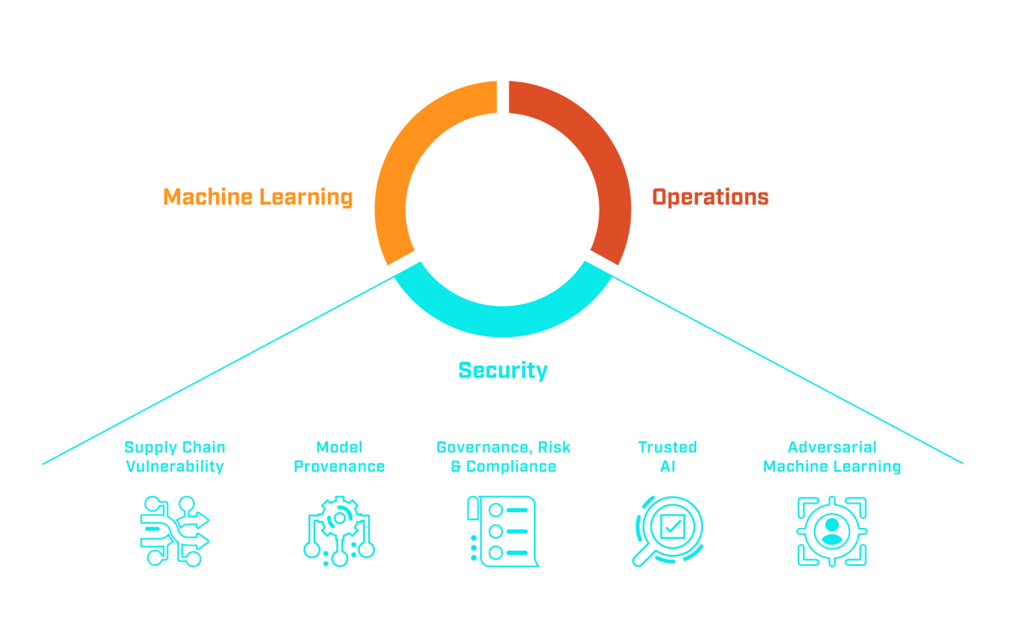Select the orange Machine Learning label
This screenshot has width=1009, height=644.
tap(257, 198)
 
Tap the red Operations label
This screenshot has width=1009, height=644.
tap(710, 198)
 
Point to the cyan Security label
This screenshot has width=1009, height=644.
tap(503, 370)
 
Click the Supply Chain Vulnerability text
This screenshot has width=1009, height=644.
tap(175, 457)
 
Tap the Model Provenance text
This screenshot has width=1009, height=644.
tap(339, 457)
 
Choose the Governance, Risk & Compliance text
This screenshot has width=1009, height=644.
tap(503, 457)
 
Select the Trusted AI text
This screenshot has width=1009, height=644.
tap(668, 457)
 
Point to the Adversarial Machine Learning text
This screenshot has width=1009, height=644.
tap(832, 457)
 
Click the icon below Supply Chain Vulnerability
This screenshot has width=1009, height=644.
tap(174, 531)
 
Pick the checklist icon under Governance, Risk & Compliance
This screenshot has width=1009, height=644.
tap(502, 531)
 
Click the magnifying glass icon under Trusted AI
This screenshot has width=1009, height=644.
tap(667, 531)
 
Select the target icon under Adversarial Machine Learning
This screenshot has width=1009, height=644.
tap(832, 531)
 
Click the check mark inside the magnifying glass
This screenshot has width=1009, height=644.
tap(671, 527)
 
